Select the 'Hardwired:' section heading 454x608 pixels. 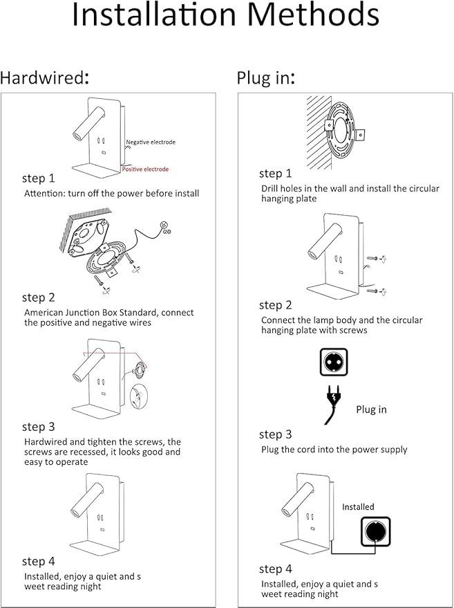[x=45, y=77]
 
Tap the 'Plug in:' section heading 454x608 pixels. [x=267, y=77]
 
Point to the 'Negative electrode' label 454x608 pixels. [x=151, y=142]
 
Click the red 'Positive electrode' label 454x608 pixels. [x=145, y=169]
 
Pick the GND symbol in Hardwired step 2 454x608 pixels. [x=164, y=228]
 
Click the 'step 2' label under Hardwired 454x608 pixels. [x=38, y=297]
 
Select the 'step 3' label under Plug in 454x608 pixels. [x=275, y=434]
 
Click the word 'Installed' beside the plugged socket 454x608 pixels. [x=358, y=507]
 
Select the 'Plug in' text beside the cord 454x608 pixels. [x=371, y=409]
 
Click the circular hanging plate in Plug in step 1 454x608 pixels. [x=343, y=131]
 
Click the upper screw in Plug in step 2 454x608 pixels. [x=376, y=258]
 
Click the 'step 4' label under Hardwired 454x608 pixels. [x=38, y=561]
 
